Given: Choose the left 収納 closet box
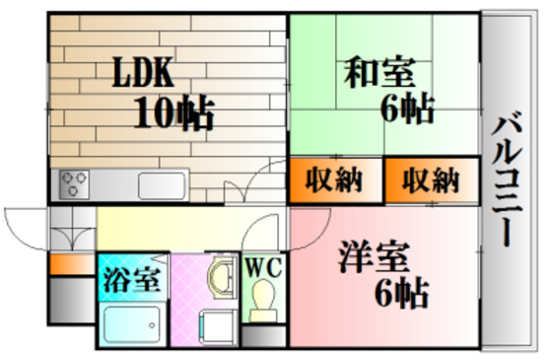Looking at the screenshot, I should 326,180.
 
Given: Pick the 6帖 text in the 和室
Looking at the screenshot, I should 406,108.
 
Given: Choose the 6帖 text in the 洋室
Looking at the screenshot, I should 399,292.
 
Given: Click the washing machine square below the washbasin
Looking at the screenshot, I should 213,325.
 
